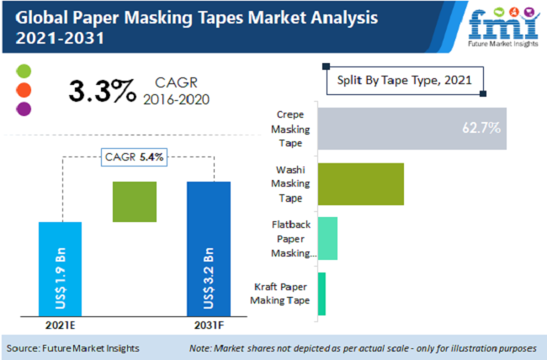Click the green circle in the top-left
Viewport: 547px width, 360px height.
pos(24,71)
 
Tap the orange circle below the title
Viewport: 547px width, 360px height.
pos(24,89)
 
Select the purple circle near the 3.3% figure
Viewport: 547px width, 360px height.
pos(24,109)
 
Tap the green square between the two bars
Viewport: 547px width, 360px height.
pos(135,202)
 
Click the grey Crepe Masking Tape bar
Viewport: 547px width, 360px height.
pos(412,129)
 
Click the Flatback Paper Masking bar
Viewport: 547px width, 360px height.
pos(327,239)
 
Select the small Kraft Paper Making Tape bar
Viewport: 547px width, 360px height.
pos(321,294)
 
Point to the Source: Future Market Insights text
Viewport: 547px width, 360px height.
pos(73,347)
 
